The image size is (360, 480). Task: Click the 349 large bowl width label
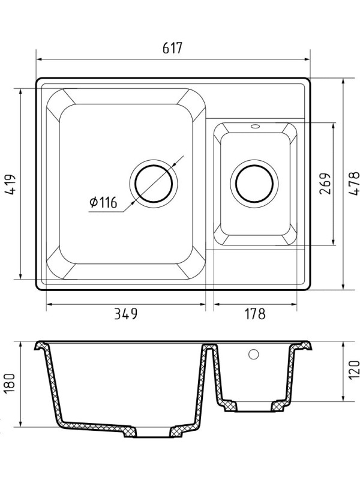coord(125,314)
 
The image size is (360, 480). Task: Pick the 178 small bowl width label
coord(254,314)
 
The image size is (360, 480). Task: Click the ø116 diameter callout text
coord(103,203)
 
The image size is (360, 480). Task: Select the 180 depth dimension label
coord(10,384)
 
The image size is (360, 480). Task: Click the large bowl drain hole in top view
coord(154,182)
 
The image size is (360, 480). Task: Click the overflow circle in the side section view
coord(253,355)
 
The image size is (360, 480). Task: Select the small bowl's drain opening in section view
coord(256,407)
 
